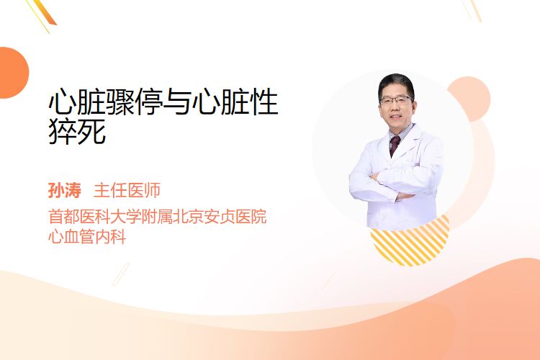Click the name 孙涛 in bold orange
click(65, 190)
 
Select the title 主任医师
click(127, 190)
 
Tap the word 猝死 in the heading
click(77, 131)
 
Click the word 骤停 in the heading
click(135, 102)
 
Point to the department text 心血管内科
click(87, 237)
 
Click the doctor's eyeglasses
click(396, 101)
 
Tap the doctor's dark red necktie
click(395, 145)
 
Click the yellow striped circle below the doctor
click(410, 241)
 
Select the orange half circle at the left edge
click(13, 73)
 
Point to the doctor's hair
click(396, 84)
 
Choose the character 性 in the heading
click(264, 102)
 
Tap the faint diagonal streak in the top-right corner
click(473, 10)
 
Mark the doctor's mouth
click(396, 117)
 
